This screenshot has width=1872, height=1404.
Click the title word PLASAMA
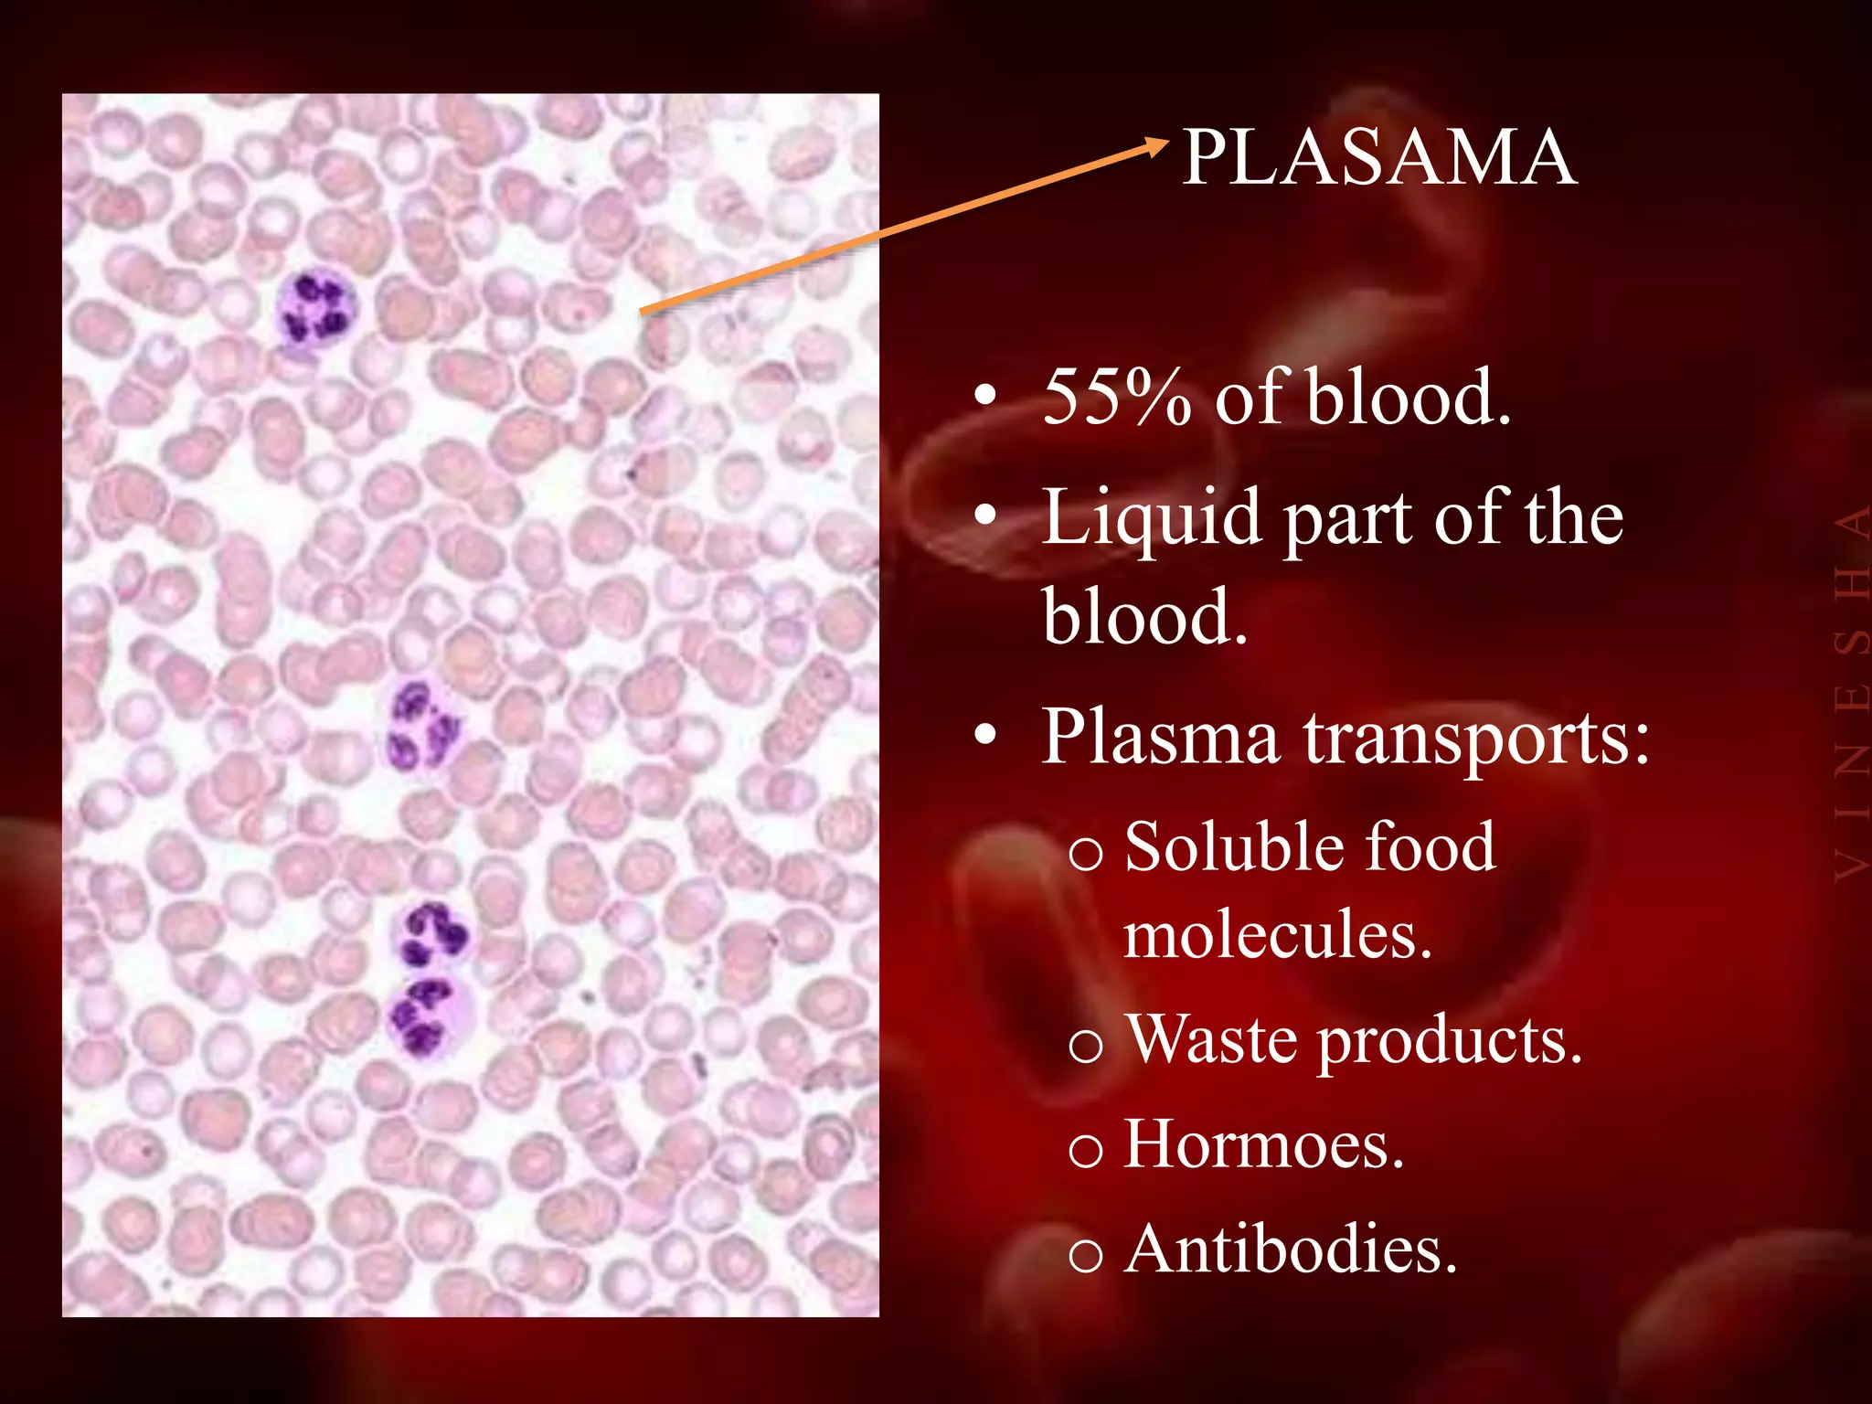(1378, 157)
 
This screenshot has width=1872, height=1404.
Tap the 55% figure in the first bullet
(1116, 398)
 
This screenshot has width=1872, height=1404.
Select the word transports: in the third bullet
(1476, 739)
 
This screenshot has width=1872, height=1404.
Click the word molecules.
(1276, 936)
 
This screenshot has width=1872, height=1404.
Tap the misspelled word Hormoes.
(1262, 1144)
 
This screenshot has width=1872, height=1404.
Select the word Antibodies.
(1290, 1250)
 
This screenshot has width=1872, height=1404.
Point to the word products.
(1449, 1042)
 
